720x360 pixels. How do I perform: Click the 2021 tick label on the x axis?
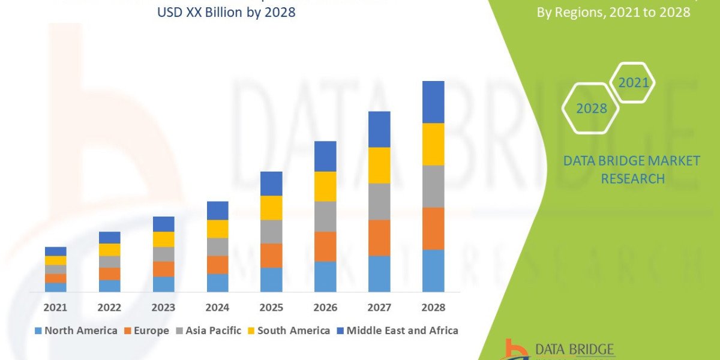(55, 307)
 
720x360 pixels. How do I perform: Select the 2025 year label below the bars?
(271, 307)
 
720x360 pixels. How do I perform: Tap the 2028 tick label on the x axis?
(433, 307)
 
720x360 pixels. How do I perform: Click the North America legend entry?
(76, 331)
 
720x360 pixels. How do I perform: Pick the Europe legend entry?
(147, 331)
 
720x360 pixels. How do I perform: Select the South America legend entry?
(289, 331)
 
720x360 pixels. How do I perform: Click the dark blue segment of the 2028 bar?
(433, 102)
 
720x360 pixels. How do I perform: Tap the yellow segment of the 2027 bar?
(379, 165)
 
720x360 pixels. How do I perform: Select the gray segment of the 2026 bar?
(325, 216)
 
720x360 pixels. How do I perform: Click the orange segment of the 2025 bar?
(271, 255)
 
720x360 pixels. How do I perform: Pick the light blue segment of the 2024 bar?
(217, 283)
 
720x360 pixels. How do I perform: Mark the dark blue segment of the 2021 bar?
(55, 251)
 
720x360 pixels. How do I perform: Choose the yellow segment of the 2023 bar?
(163, 239)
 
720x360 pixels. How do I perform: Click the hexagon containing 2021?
(632, 83)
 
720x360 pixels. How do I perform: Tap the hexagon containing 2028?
(591, 109)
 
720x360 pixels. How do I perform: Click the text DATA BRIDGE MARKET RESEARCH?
(632, 169)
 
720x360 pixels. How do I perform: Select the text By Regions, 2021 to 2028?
(613, 12)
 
